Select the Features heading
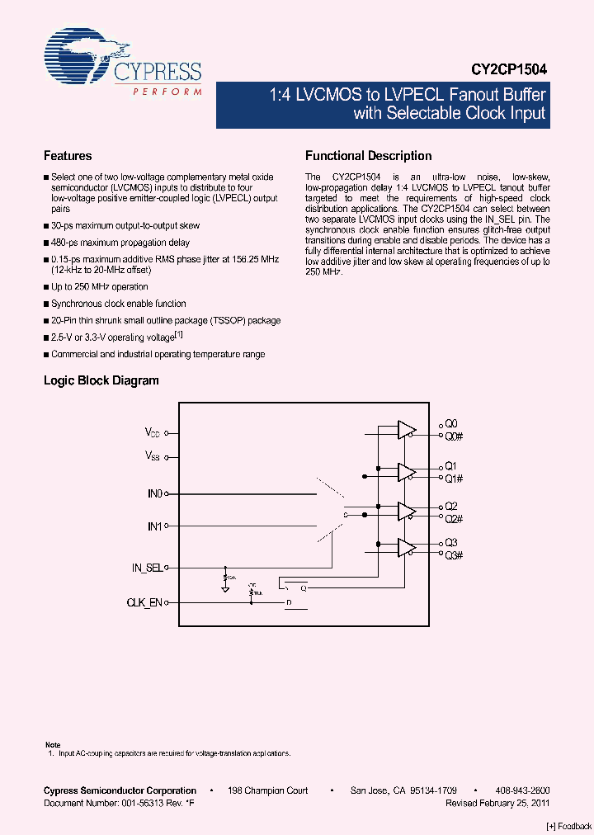(x=68, y=156)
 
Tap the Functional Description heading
(x=369, y=156)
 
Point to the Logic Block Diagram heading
(x=101, y=380)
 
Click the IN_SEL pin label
(x=148, y=568)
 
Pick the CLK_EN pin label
(x=145, y=603)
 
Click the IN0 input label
(x=154, y=493)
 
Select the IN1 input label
(x=154, y=525)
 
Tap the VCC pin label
(x=153, y=432)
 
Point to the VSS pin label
(x=153, y=455)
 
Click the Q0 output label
(x=450, y=423)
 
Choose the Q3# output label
(x=454, y=555)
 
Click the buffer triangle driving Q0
(x=406, y=429)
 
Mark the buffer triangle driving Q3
(x=406, y=548)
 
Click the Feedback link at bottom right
(x=569, y=826)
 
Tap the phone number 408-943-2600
(x=523, y=790)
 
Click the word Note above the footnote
(x=52, y=745)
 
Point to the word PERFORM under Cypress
(x=167, y=92)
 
